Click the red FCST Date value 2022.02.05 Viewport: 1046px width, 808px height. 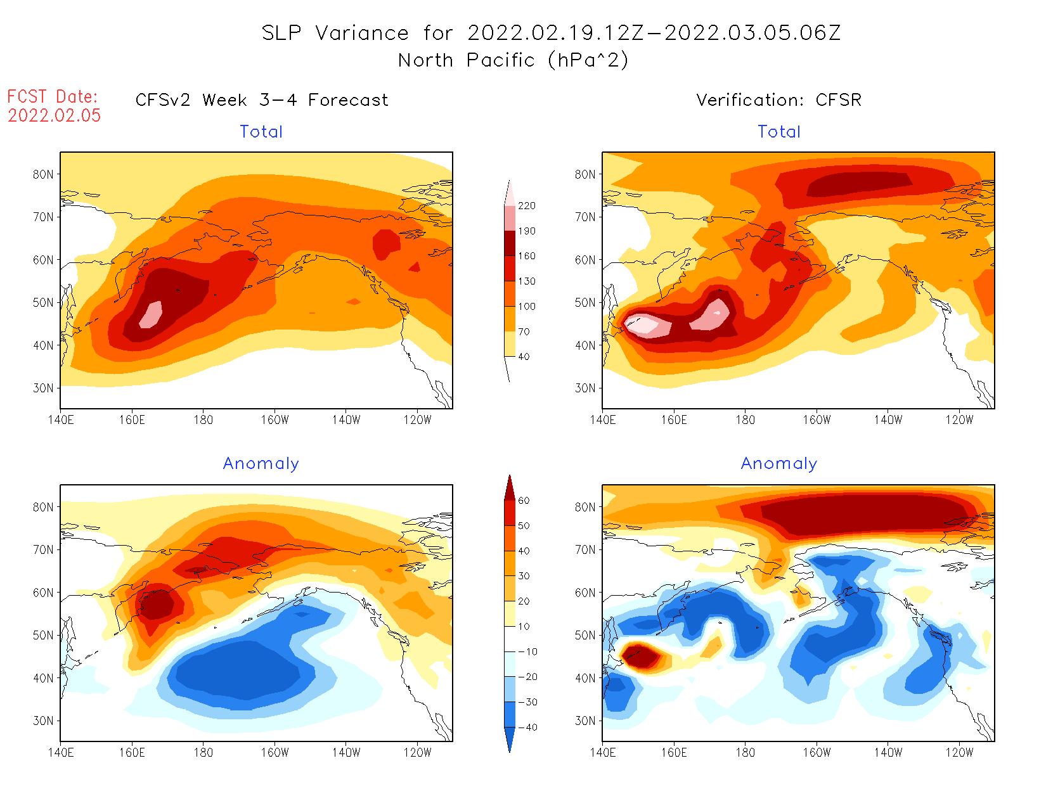[55, 115]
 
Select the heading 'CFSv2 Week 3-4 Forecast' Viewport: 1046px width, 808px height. [262, 100]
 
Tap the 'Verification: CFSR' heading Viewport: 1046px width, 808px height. [778, 100]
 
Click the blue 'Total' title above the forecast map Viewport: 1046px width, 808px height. [261, 132]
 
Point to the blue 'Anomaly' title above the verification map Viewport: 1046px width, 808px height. [779, 463]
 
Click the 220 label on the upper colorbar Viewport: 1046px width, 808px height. [526, 206]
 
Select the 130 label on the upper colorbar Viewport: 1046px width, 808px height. [526, 281]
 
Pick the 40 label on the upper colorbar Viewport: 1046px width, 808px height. [524, 356]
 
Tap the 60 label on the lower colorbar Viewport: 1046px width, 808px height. [524, 501]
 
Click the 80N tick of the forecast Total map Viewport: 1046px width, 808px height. [43, 174]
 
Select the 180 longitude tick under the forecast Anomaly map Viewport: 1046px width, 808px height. [203, 752]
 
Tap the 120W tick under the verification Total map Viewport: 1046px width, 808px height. [959, 420]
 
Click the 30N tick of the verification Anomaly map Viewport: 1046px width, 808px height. [585, 721]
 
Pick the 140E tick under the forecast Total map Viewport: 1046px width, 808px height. [61, 420]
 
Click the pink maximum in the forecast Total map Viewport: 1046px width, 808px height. [152, 315]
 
